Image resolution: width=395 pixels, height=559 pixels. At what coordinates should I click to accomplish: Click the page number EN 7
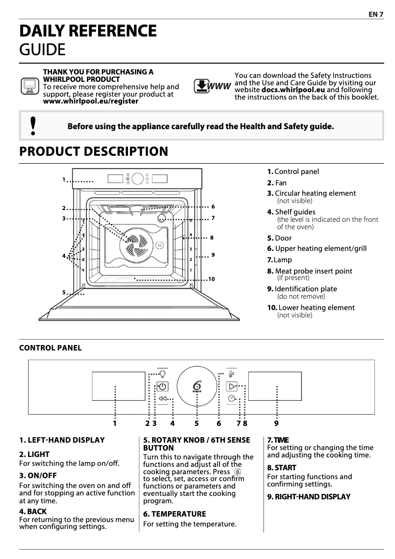[x=376, y=14]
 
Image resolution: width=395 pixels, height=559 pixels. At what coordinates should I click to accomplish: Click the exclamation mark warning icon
[x=33, y=126]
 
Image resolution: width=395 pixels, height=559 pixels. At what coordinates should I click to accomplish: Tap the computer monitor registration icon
[x=30, y=86]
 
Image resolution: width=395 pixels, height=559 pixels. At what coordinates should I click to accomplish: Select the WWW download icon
[x=212, y=87]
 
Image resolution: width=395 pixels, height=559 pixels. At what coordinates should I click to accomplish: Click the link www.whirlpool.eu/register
[x=91, y=101]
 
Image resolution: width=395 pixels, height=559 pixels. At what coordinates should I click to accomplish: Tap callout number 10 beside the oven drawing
[x=212, y=279]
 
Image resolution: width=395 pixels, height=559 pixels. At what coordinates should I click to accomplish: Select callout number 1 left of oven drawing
[x=64, y=179]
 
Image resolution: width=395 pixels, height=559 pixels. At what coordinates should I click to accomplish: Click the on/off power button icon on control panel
[x=163, y=386]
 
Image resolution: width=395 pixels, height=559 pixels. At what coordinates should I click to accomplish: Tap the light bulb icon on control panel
[x=163, y=374]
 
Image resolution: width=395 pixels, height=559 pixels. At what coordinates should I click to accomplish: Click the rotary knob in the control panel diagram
[x=197, y=387]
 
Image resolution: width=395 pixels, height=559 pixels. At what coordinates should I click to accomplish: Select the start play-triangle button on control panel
[x=231, y=386]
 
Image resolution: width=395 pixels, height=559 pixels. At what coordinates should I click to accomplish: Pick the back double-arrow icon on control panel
[x=163, y=398]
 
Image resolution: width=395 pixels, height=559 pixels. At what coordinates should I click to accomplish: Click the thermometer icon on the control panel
[x=231, y=374]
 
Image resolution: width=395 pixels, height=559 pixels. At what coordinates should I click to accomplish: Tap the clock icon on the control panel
[x=231, y=398]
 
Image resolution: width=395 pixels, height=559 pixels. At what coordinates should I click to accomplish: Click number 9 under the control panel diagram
[x=276, y=423]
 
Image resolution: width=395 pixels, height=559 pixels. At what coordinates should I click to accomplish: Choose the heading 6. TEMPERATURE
[x=174, y=514]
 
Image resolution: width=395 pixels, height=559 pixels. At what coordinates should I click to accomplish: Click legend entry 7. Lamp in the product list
[x=279, y=260]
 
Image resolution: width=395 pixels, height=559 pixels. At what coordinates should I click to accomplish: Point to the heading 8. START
[x=282, y=467]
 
